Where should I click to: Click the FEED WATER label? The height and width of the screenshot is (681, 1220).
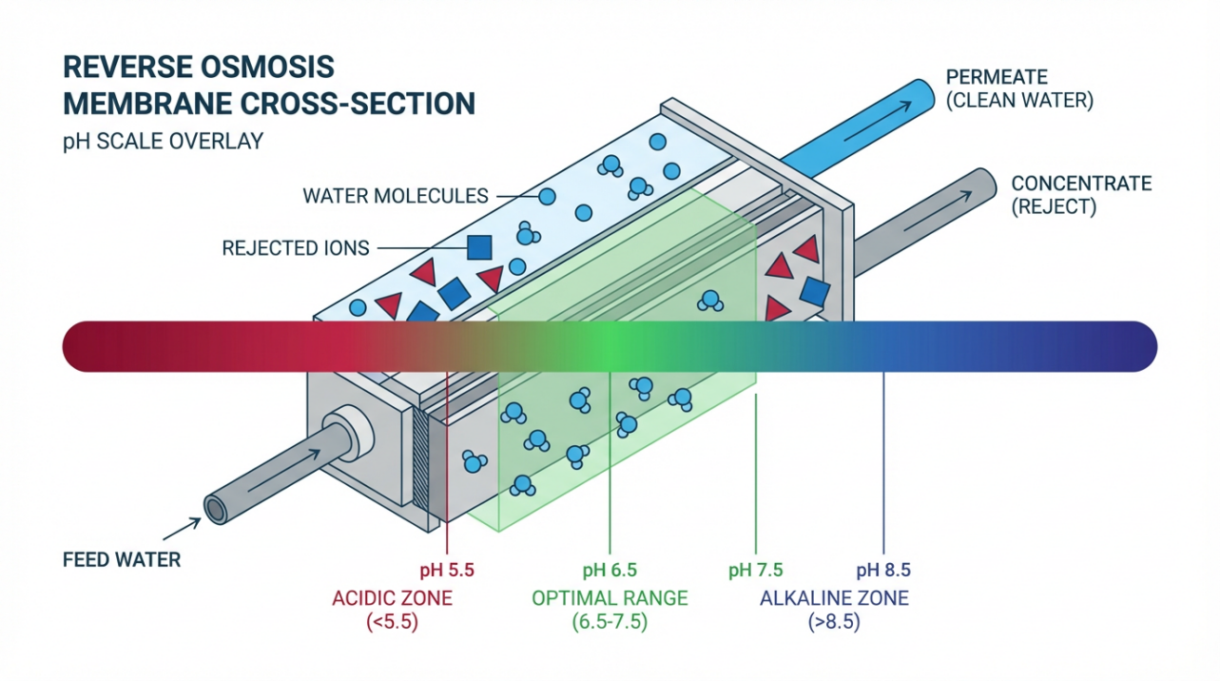121,560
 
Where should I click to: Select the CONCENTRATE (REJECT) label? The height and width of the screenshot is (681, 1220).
1067,195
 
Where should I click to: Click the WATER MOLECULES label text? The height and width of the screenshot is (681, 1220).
395,197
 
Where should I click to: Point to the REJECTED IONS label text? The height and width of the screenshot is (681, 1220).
295,248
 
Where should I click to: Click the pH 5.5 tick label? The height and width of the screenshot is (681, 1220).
446,571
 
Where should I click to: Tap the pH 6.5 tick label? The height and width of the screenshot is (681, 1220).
610,571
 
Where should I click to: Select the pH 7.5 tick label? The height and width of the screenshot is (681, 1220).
755,571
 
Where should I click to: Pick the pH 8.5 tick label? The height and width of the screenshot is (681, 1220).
883,571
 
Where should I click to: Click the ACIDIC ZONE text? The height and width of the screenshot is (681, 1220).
392,599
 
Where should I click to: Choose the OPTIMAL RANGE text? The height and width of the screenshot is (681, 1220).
610,599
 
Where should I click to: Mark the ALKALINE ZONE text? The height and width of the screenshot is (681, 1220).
834,599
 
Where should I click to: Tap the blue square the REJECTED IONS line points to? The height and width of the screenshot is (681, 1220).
479,248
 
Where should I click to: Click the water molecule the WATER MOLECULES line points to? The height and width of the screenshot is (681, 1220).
547,197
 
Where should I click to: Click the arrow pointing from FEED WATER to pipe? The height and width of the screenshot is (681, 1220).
184,527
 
